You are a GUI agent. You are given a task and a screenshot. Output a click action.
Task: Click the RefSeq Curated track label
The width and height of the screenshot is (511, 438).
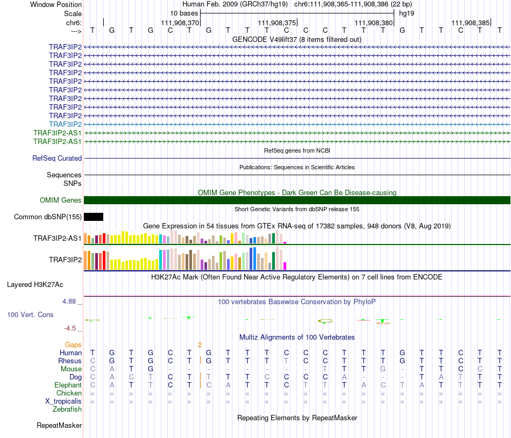click(x=57, y=159)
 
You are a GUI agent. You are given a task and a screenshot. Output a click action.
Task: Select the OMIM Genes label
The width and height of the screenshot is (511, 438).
click(x=61, y=200)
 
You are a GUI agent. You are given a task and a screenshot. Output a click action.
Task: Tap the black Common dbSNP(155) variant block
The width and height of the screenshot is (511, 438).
click(x=94, y=217)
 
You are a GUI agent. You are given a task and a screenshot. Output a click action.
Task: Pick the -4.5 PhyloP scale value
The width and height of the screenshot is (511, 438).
click(x=71, y=328)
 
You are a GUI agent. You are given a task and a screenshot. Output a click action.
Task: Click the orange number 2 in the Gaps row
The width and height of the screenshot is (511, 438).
click(x=200, y=344)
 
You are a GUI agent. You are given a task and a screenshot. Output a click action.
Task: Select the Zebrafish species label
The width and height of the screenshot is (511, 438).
click(x=67, y=410)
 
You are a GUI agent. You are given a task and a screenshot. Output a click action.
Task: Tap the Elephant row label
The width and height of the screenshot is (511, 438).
click(x=68, y=385)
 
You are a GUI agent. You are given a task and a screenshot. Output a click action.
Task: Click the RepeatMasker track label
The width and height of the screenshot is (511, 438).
click(x=59, y=426)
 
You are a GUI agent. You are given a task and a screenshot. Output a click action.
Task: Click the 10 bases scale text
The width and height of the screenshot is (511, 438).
click(x=184, y=13)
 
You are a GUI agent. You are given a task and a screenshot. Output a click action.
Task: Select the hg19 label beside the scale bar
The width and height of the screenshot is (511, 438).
click(x=406, y=13)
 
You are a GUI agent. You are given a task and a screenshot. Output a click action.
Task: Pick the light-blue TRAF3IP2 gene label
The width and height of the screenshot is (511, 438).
click(x=65, y=124)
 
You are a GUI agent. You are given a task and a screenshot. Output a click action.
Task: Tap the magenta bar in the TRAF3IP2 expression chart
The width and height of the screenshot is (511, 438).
click(x=285, y=265)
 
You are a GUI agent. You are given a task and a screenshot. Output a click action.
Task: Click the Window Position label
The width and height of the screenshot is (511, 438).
click(x=56, y=4)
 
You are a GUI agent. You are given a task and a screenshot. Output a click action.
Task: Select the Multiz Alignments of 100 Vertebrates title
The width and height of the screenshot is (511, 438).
click(x=297, y=338)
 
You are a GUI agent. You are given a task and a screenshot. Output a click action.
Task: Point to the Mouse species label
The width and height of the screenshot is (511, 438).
click(x=71, y=369)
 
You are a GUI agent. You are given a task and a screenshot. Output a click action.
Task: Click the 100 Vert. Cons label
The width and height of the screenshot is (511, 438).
click(x=30, y=314)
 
